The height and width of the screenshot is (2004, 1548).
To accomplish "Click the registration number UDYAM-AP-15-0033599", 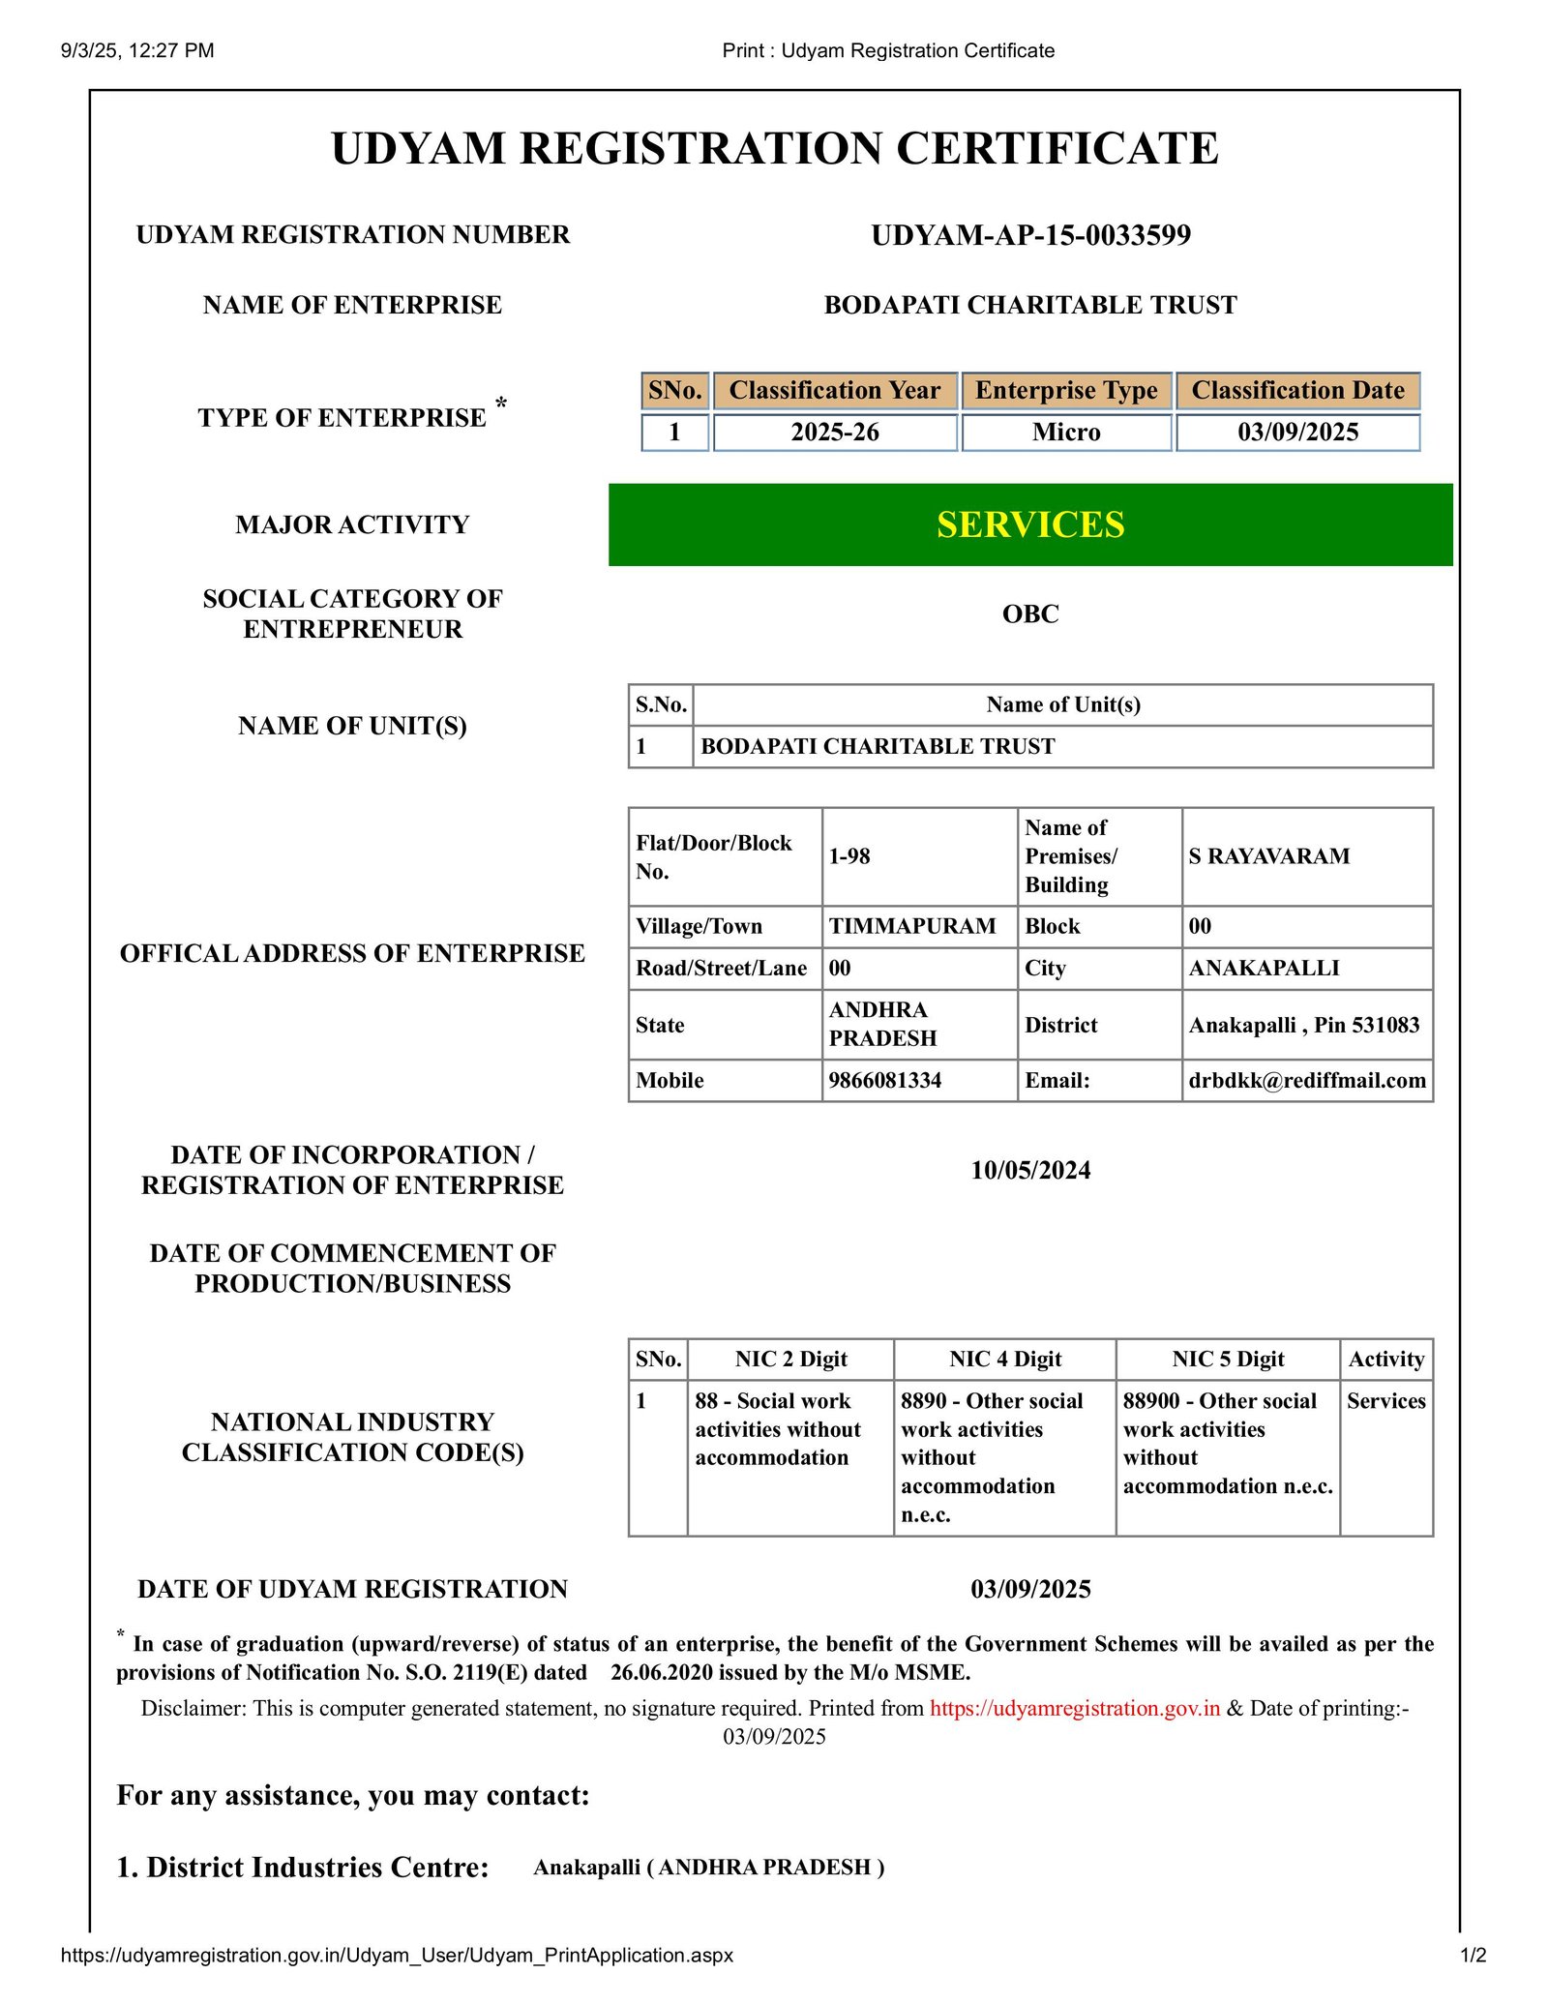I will coord(1030,235).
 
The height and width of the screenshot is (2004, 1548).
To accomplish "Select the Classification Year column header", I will coord(834,391).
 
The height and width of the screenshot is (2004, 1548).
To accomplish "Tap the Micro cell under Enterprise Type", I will coord(1066,433).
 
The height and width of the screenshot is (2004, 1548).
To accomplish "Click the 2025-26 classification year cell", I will coord(834,433).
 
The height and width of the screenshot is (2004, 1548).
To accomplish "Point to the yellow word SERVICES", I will coord(1030,524).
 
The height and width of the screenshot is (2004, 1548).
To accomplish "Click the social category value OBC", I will coord(1030,613).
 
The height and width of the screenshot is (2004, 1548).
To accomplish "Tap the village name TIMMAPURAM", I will coord(911,926).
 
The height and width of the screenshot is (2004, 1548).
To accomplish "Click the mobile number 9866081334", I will coord(884,1080).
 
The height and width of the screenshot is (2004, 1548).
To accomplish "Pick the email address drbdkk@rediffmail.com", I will coord(1307,1080).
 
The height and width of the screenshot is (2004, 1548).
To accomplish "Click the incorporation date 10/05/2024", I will coord(1030,1170).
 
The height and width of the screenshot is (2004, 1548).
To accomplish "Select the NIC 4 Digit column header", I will coord(1004,1359).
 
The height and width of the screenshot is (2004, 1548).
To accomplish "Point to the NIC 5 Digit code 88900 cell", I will coord(1227,1443).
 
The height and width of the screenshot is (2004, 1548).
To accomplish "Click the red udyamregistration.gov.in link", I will coord(1074,1708).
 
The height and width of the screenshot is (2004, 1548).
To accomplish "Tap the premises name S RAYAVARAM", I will coord(1268,856).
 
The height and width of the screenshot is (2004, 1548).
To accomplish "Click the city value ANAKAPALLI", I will coord(1264,968).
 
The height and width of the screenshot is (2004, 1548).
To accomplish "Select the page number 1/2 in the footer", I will coord(1473,1955).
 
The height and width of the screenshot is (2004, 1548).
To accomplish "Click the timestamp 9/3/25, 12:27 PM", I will coord(137,50).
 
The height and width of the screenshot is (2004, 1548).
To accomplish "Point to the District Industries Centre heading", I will coord(303,1867).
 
